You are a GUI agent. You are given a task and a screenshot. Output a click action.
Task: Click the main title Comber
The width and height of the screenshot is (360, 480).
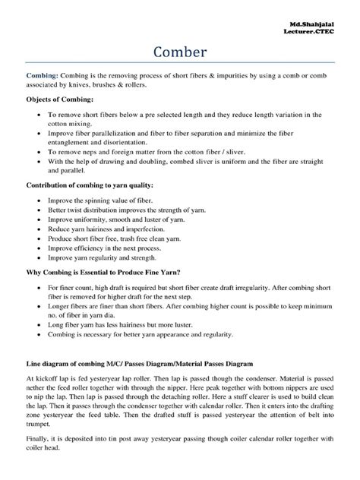tap(179, 52)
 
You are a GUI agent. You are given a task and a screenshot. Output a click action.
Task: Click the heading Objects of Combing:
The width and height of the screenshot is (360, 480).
tap(61, 100)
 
